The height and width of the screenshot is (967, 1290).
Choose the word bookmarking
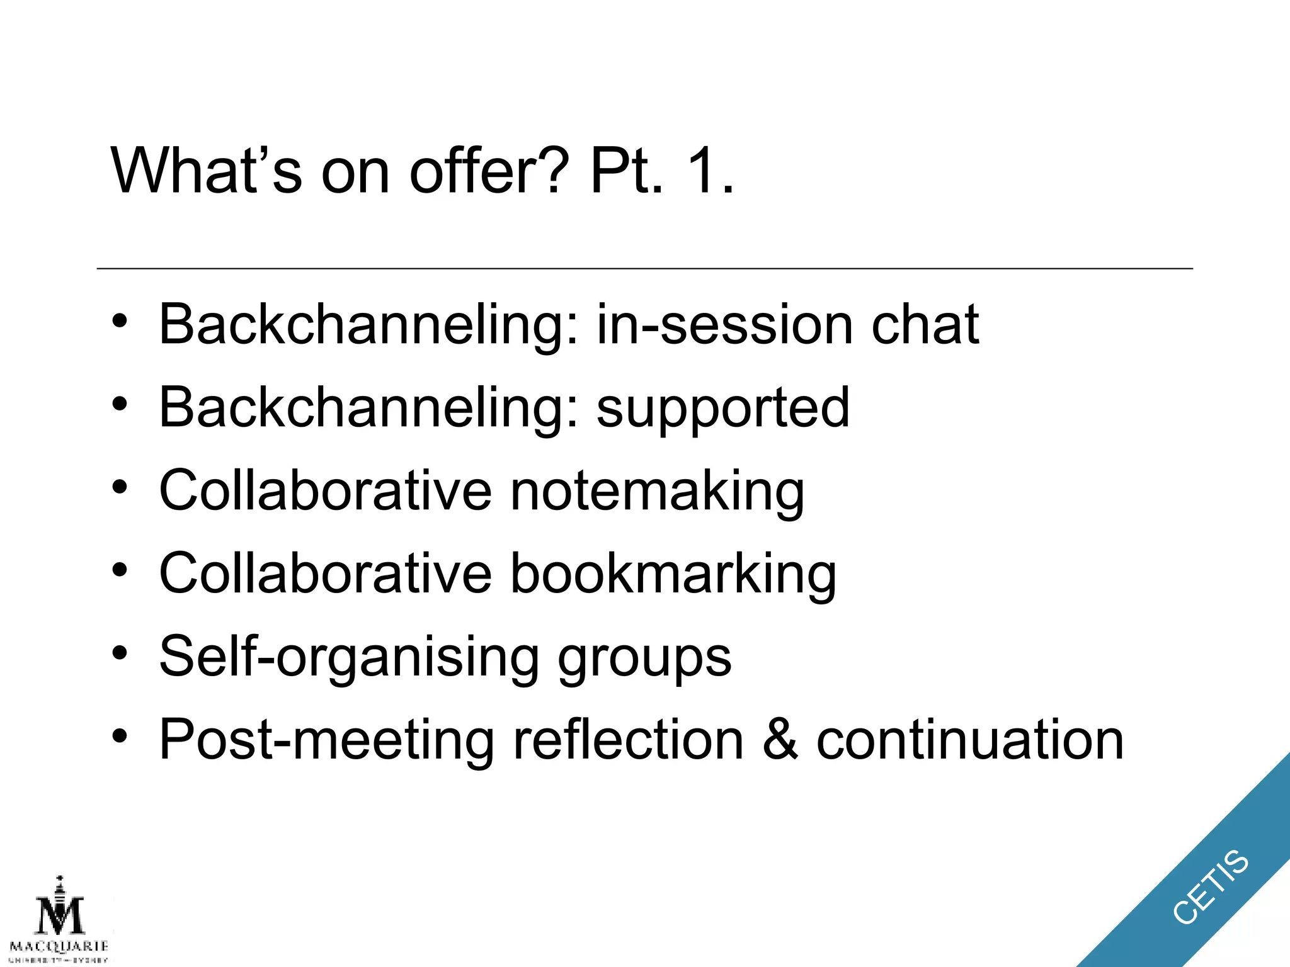[x=673, y=574]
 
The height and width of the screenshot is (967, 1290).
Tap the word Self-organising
[x=348, y=658]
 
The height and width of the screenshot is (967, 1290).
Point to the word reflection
[x=628, y=740]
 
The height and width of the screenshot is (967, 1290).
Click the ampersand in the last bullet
[x=780, y=740]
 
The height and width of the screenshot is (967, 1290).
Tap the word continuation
[x=969, y=740]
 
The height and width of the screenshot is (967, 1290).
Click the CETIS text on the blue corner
[x=1210, y=886]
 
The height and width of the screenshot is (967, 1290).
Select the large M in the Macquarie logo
[x=59, y=915]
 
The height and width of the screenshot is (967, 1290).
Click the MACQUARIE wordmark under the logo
[x=59, y=946]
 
